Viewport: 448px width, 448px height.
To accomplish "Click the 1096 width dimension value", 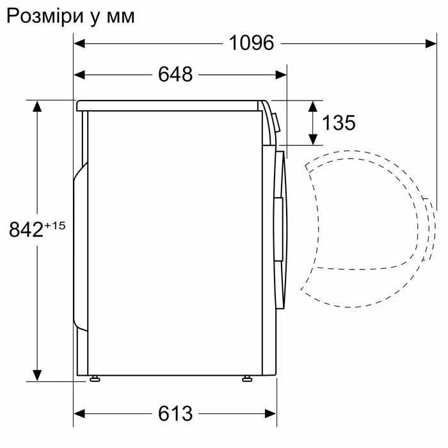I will pos(252,43).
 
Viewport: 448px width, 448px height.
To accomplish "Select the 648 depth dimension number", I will pos(175,74).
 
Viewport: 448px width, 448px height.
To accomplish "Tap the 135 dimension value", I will pos(339,122).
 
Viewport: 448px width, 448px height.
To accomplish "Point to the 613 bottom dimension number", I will pos(175,413).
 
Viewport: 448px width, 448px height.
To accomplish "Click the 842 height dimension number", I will pos(26,229).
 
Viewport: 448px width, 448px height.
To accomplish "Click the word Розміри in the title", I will pos(42,16).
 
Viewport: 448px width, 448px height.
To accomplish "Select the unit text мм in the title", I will pos(120,17).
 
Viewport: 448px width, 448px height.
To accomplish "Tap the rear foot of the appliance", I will pos(95,379).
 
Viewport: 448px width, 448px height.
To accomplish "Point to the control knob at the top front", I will pos(275,122).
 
